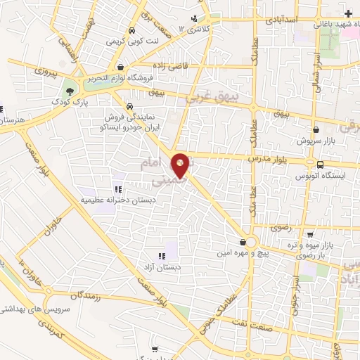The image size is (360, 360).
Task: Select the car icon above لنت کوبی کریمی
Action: point(131,31)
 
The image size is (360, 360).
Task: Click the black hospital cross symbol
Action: point(348,13)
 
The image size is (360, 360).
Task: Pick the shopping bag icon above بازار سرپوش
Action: point(316,129)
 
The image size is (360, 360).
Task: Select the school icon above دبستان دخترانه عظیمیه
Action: point(118,188)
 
